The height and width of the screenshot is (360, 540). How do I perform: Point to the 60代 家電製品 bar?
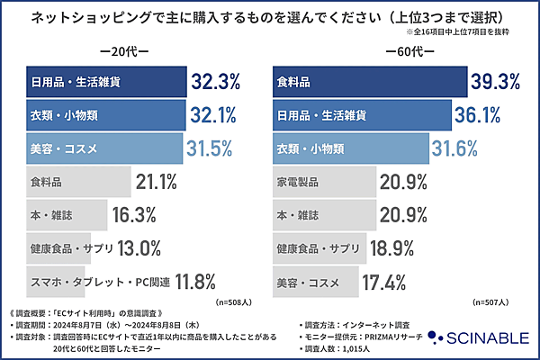point(324,182)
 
